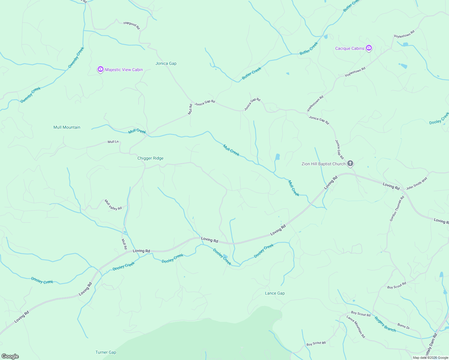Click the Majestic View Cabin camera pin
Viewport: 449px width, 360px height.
[101, 69]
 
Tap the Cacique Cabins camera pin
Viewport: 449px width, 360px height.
[369, 48]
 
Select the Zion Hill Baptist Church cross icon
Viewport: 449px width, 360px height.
[350, 163]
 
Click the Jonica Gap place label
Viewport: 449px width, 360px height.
[166, 63]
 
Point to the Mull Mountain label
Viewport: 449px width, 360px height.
[67, 127]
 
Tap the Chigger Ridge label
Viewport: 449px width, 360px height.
[150, 158]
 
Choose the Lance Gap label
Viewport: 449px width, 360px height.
[275, 293]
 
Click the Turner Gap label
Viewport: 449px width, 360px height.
[106, 352]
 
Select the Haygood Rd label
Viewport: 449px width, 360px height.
[132, 25]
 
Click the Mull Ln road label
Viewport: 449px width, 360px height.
[113, 142]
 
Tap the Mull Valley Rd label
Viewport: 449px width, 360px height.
[113, 205]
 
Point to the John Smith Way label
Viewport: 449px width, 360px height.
[417, 183]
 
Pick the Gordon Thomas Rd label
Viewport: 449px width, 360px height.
[397, 208]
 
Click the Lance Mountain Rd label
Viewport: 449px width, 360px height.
[356, 327]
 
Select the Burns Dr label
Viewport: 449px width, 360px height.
[403, 326]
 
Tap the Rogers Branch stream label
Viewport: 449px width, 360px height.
[385, 324]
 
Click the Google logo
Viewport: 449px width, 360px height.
[10, 356]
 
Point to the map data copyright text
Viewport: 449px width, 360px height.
[430, 358]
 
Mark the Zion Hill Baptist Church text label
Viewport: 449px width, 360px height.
[324, 164]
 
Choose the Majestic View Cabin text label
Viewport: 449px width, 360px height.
[124, 70]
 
